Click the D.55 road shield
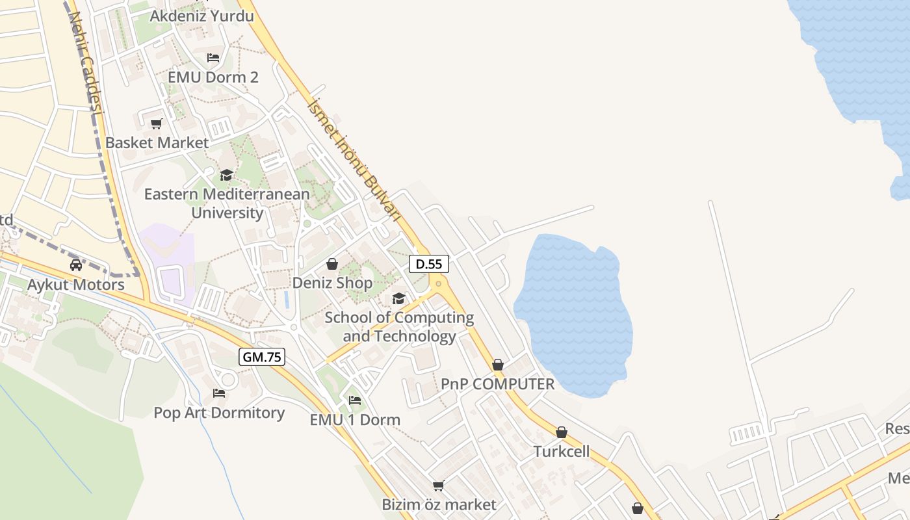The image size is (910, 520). pos(429,264)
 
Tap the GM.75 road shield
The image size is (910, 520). pos(262,357)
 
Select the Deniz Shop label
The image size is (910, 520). pos(332,283)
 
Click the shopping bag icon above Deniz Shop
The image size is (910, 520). pos(332,264)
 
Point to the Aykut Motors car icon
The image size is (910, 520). pos(76,265)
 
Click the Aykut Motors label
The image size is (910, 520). pos(76,285)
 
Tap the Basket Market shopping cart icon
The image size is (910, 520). pos(156,123)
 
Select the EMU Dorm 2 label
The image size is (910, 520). pos(213,77)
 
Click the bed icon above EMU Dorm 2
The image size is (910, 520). pos(213,57)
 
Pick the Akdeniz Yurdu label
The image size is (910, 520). pos(201,16)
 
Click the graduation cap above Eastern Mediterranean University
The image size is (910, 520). pos(226,175)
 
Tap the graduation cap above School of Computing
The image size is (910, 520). pos(398,298)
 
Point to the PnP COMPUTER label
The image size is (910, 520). pos(497,384)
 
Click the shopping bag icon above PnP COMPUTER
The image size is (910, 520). pos(498,365)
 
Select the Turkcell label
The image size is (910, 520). pos(562,451)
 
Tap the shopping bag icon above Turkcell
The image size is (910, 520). pos(562,432)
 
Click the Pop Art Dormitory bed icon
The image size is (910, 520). pos(219,393)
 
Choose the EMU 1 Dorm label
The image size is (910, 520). pos(355,420)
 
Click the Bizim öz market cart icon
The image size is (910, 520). pos(439,486)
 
